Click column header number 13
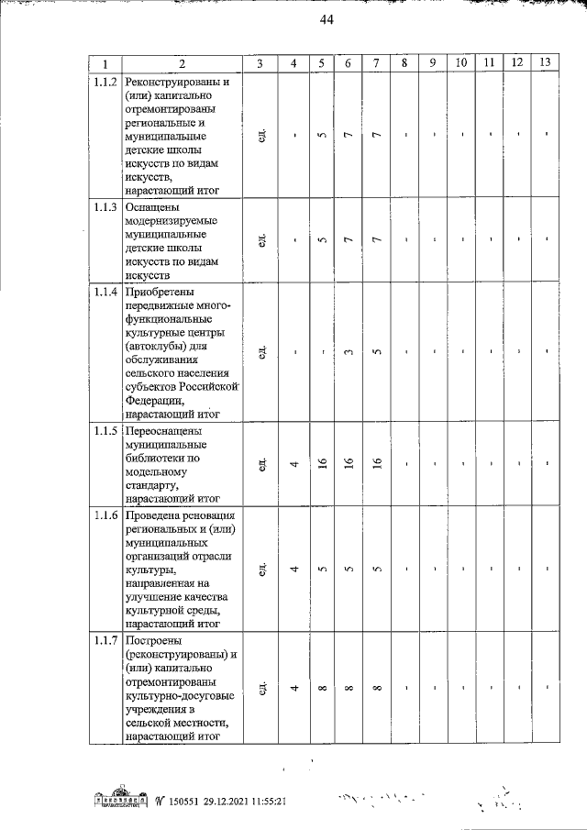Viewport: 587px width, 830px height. coord(546,63)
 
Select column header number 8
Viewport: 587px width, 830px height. coord(404,63)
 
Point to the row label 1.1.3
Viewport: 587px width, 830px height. coord(105,208)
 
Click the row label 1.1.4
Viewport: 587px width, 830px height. coord(105,293)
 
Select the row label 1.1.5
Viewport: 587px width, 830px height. coord(105,432)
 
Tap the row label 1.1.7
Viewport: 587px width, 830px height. coord(105,640)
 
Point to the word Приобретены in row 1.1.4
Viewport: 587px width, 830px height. coord(161,293)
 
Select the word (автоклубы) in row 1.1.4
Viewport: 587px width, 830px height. coord(161,349)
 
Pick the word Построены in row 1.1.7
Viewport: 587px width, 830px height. coord(154,640)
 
